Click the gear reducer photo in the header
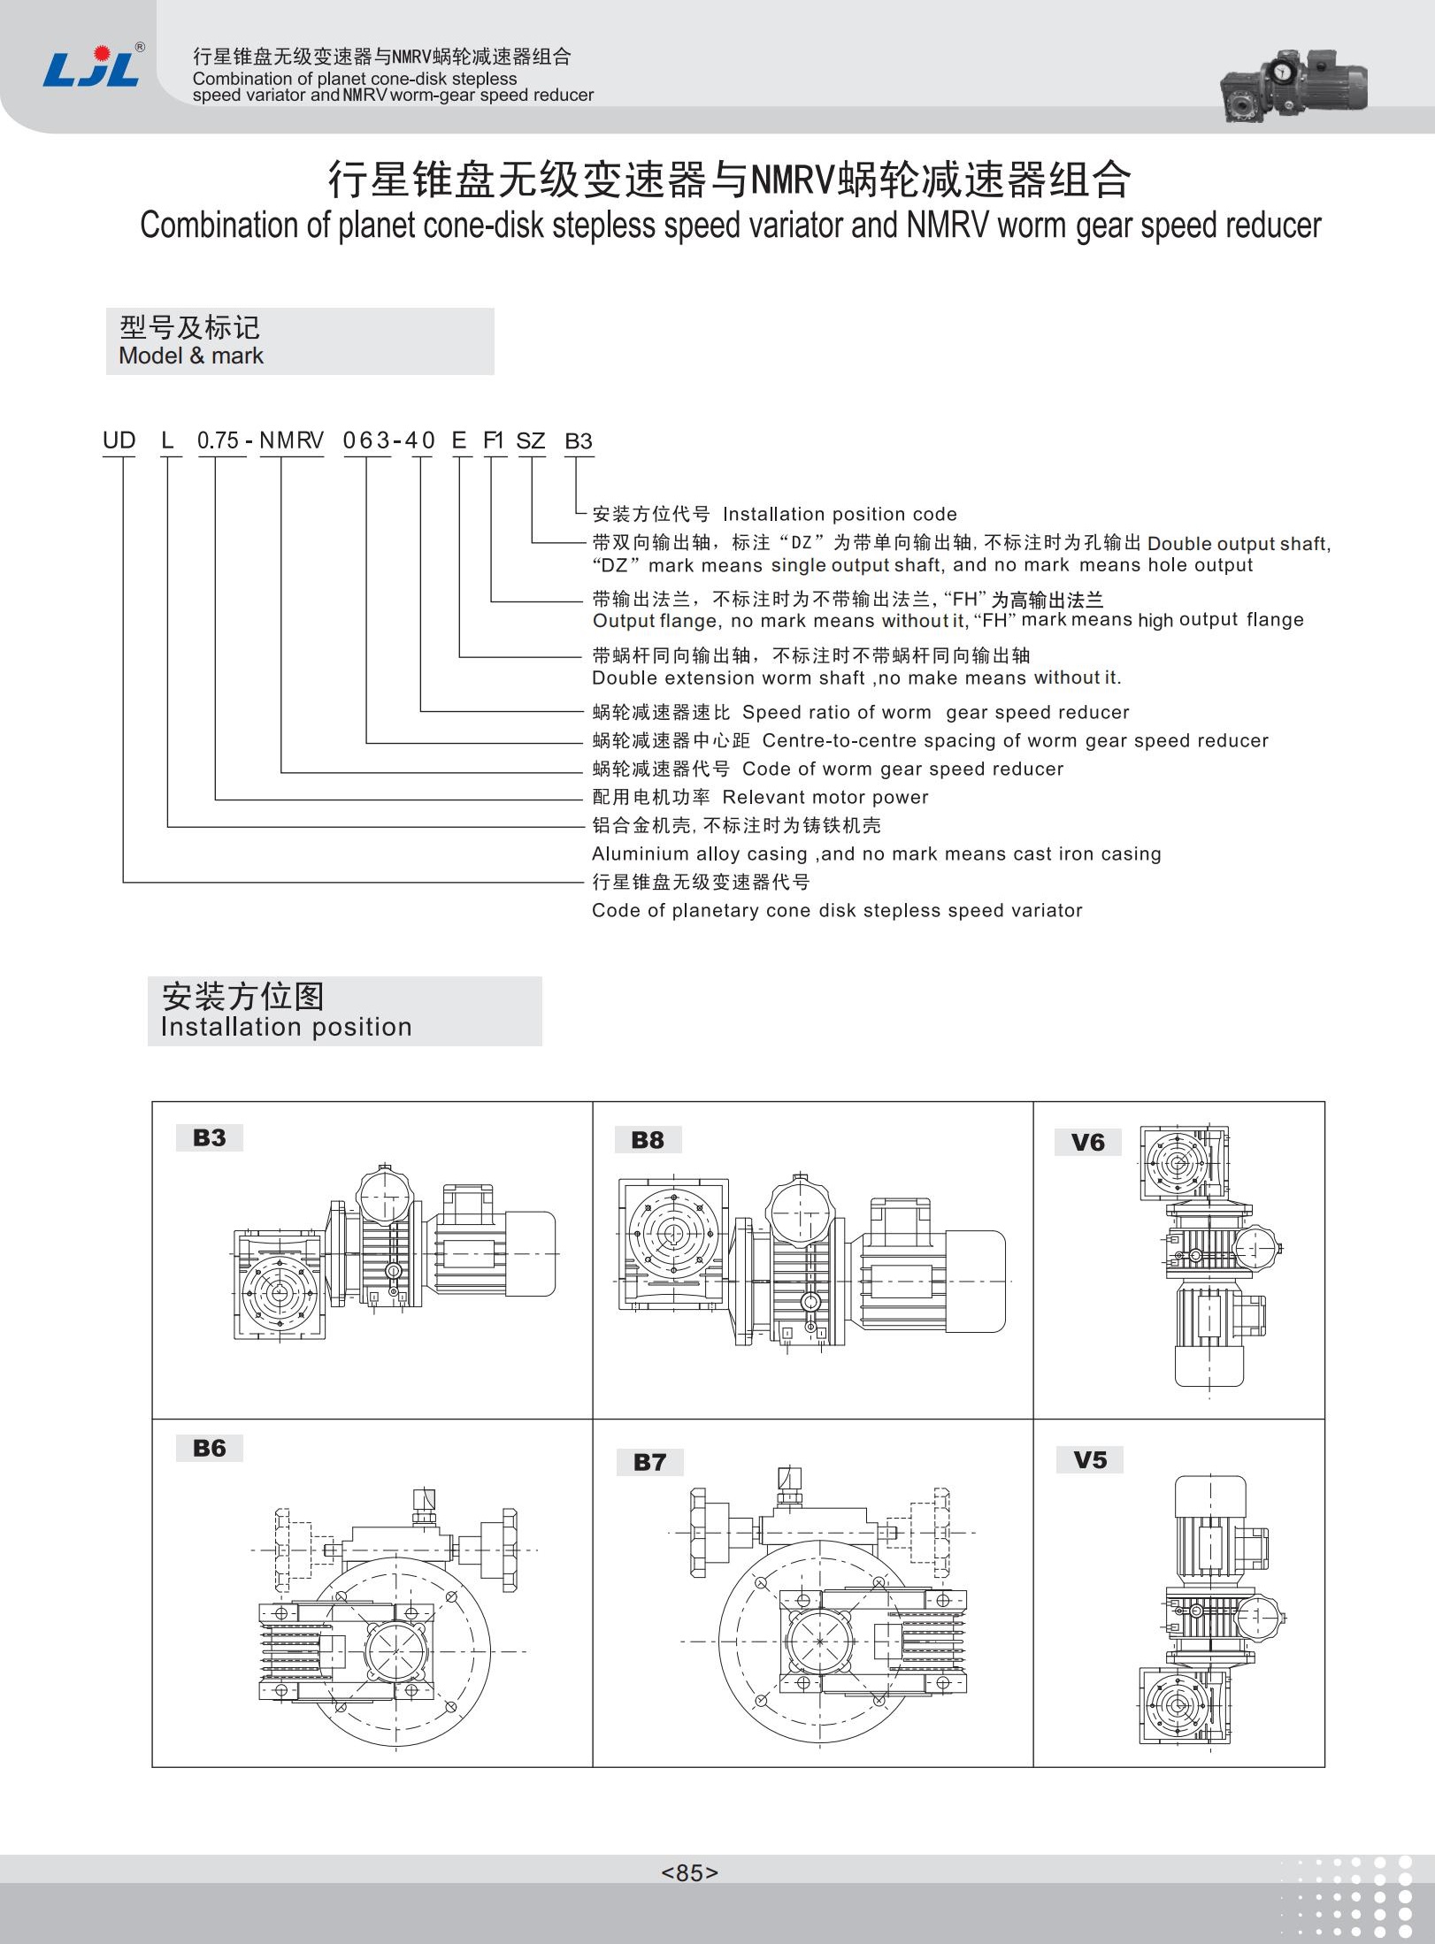pos(1293,85)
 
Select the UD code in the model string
pos(119,440)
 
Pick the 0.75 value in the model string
pos(218,440)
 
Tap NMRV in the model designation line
pos(291,440)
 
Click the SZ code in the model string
pos(530,440)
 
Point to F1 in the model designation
pos(493,440)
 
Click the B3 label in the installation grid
pos(210,1137)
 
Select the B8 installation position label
pos(648,1140)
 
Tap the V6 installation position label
pos(1087,1143)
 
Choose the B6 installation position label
pos(210,1448)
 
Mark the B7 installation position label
pos(649,1462)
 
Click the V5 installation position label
pos(1090,1459)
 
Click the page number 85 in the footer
pos(689,1872)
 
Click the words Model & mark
pos(191,356)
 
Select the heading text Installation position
pos(286,1026)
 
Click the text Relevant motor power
pos(825,797)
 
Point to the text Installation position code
pos(839,514)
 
